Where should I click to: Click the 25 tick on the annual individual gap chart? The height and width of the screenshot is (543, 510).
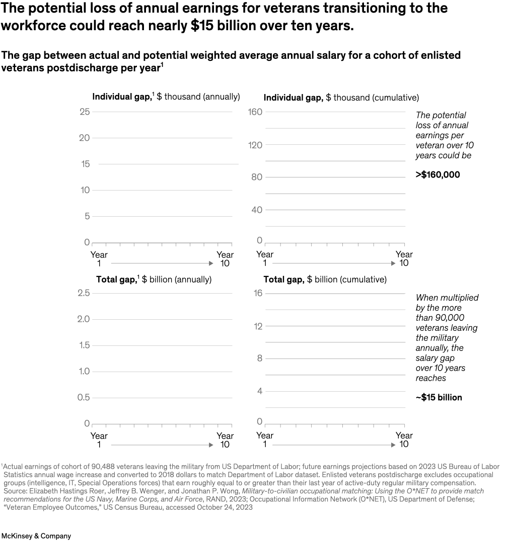click(x=84, y=112)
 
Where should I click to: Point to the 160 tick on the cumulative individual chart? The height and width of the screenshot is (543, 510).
click(x=256, y=112)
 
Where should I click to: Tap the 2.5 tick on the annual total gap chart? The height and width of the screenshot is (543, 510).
click(x=84, y=293)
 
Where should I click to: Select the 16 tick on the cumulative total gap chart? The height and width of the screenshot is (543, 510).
click(x=258, y=293)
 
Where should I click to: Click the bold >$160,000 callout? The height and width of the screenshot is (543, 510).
click(x=438, y=175)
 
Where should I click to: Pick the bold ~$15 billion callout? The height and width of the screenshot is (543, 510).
click(x=439, y=397)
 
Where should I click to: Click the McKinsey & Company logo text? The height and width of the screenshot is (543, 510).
click(x=36, y=536)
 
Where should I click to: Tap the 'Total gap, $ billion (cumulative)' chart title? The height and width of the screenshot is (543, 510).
click(x=325, y=280)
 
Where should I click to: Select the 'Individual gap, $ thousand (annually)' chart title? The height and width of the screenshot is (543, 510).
click(x=166, y=97)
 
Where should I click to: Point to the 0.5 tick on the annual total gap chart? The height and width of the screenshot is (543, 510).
click(x=84, y=397)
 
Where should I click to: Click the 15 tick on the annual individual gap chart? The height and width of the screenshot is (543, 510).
click(x=85, y=164)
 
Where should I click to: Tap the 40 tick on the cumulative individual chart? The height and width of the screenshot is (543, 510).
click(x=257, y=210)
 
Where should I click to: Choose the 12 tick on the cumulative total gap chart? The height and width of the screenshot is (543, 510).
click(x=258, y=326)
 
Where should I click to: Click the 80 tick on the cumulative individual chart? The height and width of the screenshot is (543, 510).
click(x=257, y=177)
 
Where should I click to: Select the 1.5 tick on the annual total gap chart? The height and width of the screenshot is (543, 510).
click(x=84, y=345)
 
